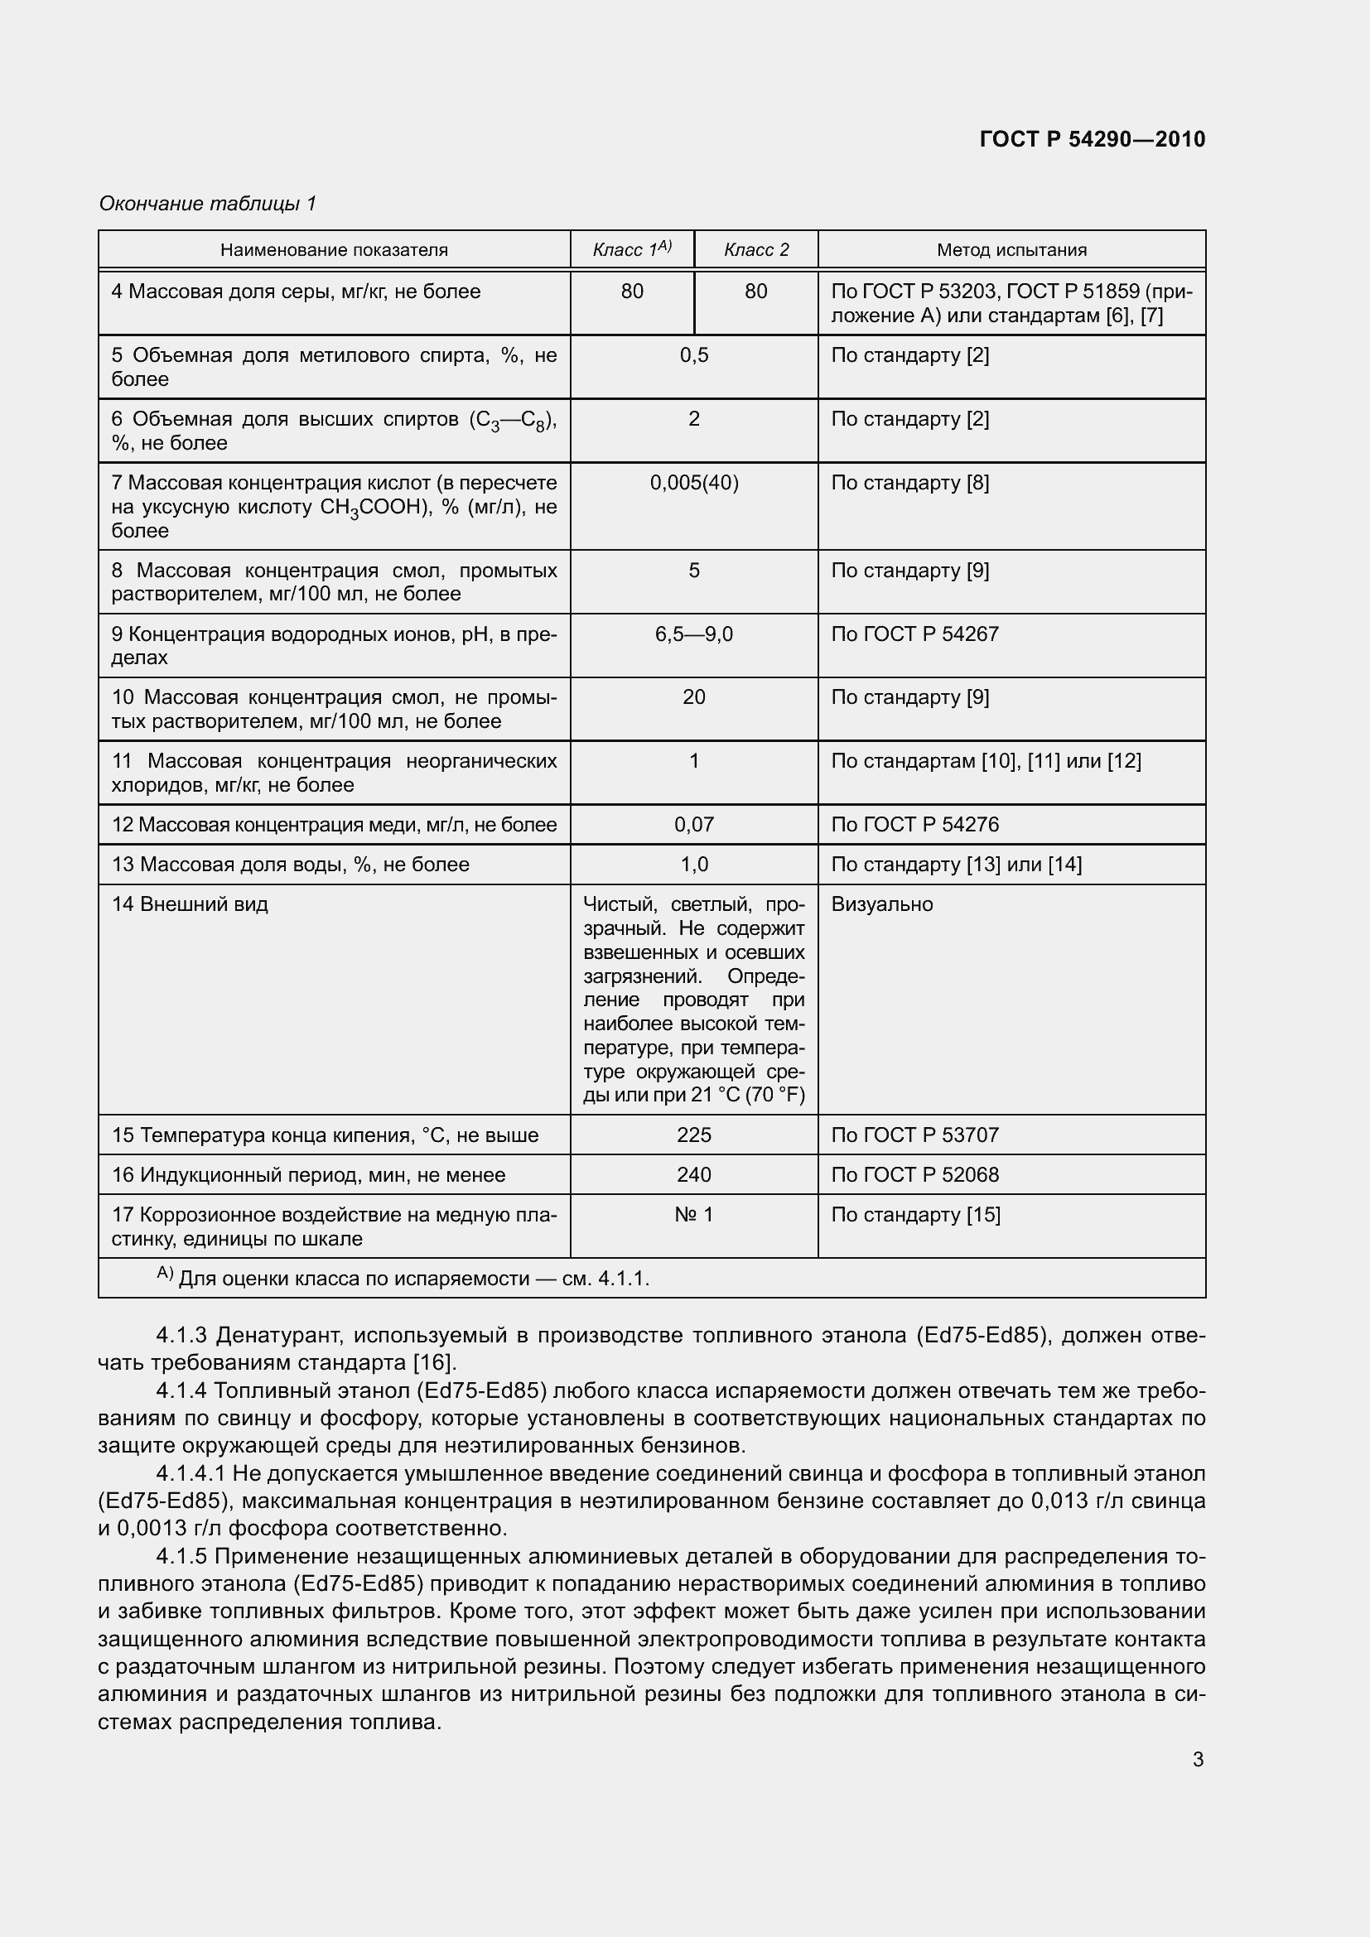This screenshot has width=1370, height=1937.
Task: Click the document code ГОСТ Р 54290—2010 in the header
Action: point(1092,139)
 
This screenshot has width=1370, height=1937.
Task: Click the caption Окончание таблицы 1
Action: point(208,204)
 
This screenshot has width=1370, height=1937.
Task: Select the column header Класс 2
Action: point(756,250)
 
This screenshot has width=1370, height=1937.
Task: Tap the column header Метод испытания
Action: point(1011,250)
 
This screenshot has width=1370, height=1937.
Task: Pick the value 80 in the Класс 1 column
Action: point(632,292)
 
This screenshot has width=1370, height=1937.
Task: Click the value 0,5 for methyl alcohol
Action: point(693,355)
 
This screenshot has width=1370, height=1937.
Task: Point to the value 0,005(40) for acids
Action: point(693,484)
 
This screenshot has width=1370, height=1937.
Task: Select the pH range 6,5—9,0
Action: point(693,634)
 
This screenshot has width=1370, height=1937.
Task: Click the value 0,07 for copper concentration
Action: point(693,825)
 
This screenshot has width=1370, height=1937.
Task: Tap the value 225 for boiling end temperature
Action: point(693,1135)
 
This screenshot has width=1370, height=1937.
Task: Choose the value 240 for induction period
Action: point(693,1175)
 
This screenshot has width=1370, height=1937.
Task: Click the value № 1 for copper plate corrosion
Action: point(693,1215)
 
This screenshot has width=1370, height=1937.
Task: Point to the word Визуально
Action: point(881,904)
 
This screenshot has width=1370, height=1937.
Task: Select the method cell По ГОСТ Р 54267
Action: point(914,634)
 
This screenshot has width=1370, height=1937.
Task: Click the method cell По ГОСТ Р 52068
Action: point(914,1175)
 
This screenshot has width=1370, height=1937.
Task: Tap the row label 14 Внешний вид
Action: point(190,904)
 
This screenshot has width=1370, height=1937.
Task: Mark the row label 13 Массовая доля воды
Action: point(290,865)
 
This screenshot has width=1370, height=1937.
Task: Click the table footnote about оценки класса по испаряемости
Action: point(403,1278)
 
